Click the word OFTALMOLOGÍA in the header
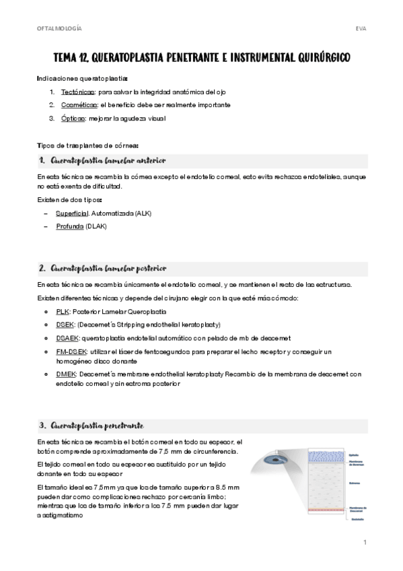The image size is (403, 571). [x=60, y=29]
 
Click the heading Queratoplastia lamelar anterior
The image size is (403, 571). [x=108, y=160]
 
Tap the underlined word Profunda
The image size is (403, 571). [x=70, y=226]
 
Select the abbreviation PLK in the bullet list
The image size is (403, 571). [x=63, y=312]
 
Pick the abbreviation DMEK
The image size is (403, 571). [x=66, y=374]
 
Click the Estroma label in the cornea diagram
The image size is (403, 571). [x=355, y=482]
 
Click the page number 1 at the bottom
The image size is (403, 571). [x=364, y=542]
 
